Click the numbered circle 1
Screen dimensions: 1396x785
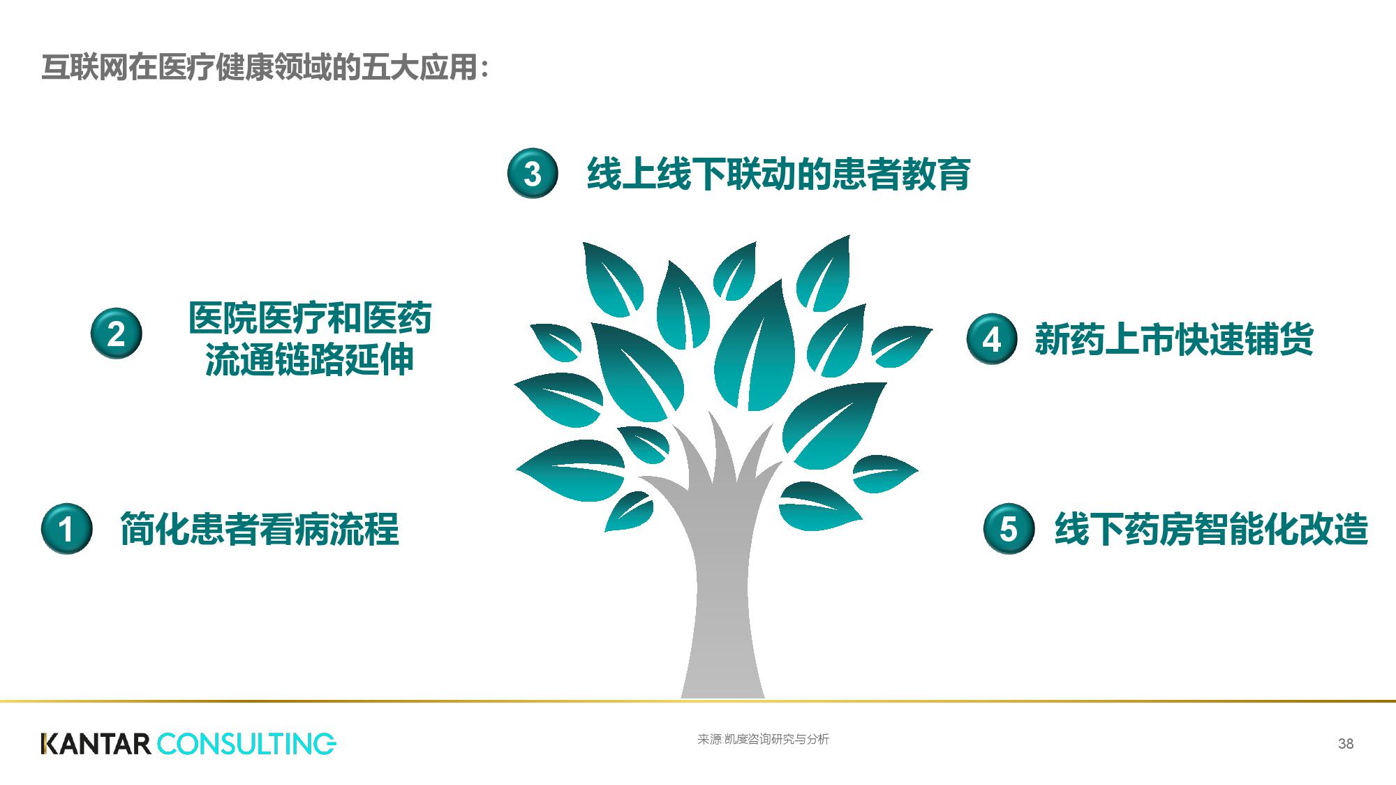66,528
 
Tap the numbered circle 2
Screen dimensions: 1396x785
117,334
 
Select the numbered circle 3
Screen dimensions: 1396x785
533,173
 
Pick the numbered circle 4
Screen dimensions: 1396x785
992,338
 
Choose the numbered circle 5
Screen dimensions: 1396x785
1009,528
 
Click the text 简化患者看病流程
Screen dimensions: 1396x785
260,529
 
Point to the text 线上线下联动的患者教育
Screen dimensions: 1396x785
779,174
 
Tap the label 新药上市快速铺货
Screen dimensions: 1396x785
1174,339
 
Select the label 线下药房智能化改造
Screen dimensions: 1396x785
1211,529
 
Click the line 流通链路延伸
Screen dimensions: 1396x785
310,359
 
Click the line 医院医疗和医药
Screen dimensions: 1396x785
310,317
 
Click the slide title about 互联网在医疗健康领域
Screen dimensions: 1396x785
266,68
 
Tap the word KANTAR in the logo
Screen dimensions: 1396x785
96,744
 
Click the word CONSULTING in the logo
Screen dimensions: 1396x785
246,744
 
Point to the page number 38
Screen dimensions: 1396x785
1346,744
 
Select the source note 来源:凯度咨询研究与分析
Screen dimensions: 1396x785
763,740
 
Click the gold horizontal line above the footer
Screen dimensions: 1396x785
698,701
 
